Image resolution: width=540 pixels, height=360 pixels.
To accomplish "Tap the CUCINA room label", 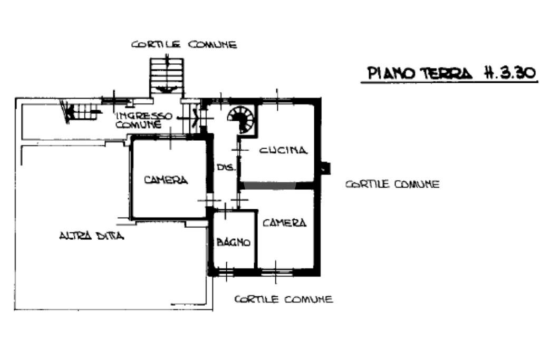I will point(283,150).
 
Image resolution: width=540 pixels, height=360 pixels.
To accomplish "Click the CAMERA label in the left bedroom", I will point(166,180).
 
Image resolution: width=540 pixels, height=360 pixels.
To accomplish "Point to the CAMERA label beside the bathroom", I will point(284,223).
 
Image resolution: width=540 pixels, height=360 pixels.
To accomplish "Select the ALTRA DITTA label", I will point(91,236).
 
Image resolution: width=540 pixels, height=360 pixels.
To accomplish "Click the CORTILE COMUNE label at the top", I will point(184,45).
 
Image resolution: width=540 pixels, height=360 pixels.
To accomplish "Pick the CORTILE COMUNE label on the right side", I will point(392,184).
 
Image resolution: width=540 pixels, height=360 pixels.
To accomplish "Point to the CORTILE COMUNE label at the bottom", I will point(283,299).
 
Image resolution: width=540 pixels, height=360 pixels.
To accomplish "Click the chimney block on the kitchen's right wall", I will point(325,168).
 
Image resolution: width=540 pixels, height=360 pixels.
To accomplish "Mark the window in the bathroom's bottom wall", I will point(225,272).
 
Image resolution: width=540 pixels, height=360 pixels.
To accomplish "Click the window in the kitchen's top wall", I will point(277,100).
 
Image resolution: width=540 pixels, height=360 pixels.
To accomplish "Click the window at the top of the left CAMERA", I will point(170,137).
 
